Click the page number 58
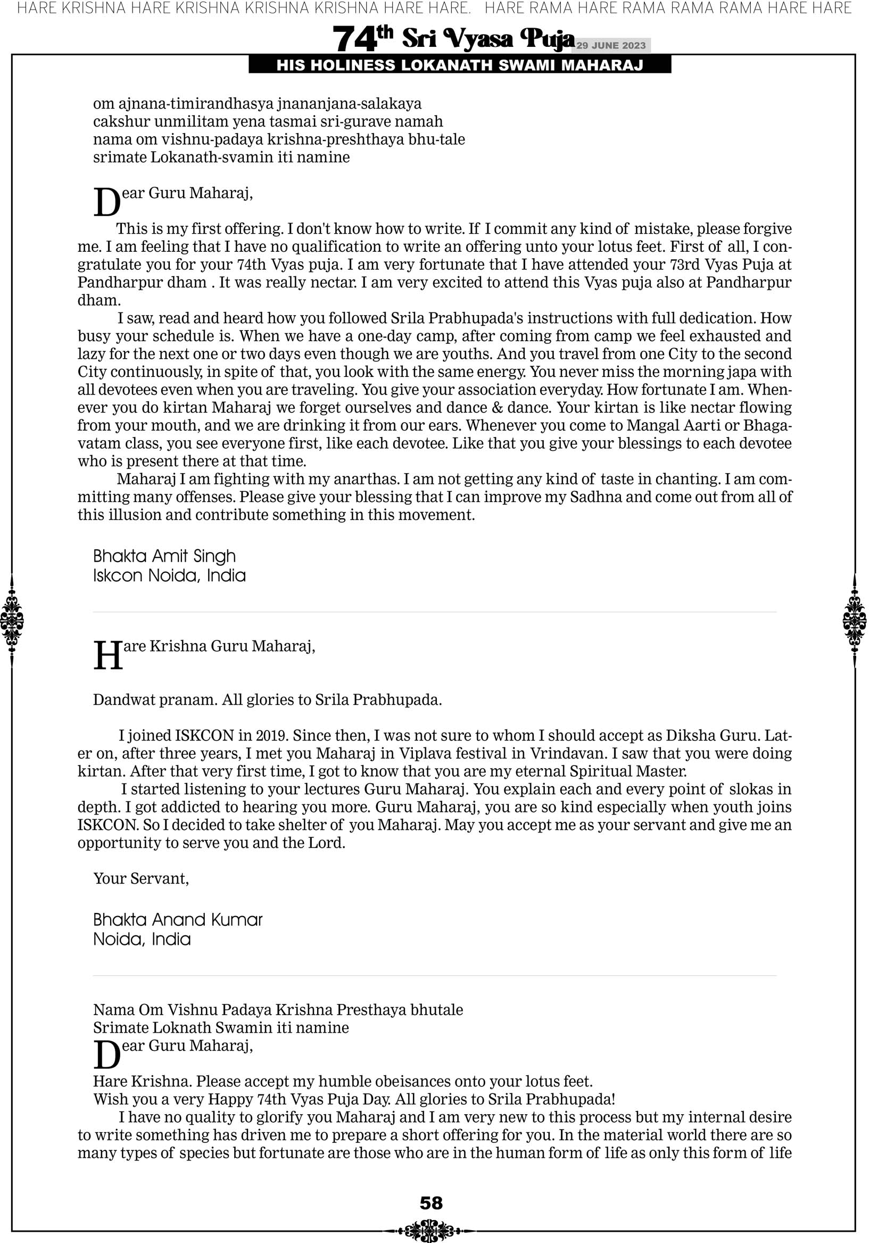(431, 1203)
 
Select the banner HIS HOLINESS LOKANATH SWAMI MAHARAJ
(460, 65)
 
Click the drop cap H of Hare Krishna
(107, 656)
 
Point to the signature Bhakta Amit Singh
(164, 556)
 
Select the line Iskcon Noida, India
(169, 575)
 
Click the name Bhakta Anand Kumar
(178, 920)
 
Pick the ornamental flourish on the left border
(12, 620)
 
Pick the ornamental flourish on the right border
(855, 620)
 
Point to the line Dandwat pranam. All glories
(268, 699)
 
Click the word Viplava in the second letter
(427, 753)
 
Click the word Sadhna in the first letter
(595, 497)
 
